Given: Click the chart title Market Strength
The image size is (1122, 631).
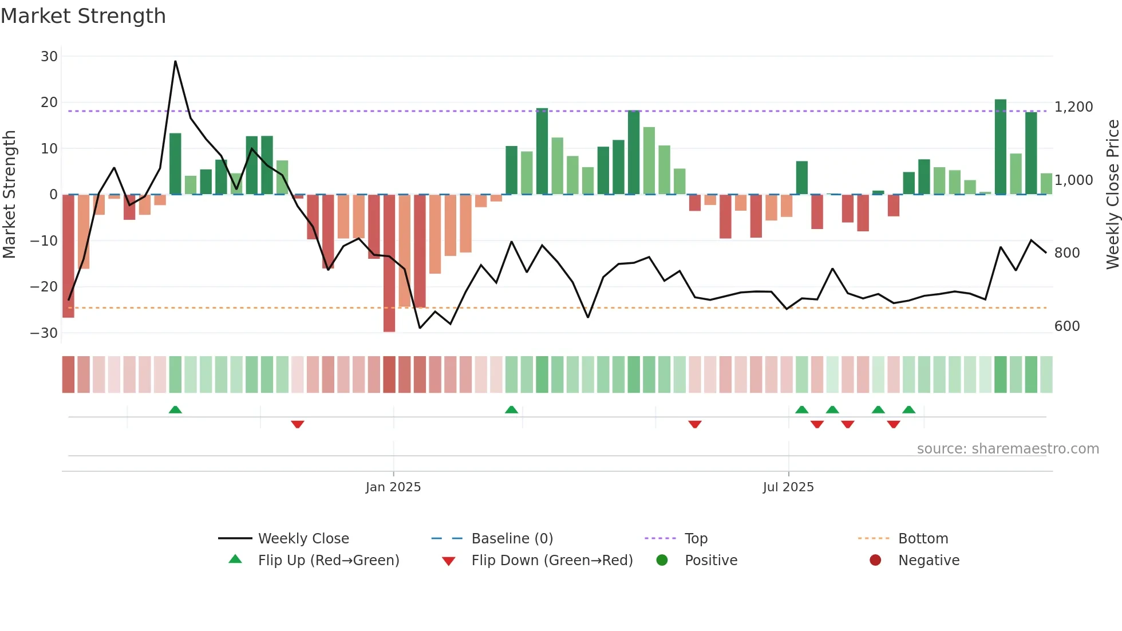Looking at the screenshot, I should (83, 16).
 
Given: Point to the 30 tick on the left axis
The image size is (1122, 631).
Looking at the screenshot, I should (49, 57).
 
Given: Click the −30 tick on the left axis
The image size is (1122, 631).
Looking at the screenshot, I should (44, 333).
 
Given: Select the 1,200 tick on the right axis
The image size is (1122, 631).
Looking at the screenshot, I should (1073, 107).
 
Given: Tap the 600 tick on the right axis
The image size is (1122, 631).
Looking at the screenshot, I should (1067, 326).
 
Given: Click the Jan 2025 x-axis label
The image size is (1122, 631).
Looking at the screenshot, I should (393, 487).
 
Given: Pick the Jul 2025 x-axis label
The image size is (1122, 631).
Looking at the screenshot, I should (788, 487).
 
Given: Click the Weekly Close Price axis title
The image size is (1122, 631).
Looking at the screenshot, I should (1112, 195).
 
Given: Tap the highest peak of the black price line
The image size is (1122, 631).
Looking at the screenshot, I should (175, 62).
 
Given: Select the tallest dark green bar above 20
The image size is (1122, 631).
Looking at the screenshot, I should (1000, 146).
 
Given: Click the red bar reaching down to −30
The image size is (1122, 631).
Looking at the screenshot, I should (389, 263).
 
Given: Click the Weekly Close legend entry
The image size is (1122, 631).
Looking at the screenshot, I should (303, 539).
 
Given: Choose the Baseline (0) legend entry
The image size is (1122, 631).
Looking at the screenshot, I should (512, 539).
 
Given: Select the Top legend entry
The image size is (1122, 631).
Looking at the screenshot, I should (696, 539).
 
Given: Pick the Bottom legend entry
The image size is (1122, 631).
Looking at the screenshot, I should (923, 539).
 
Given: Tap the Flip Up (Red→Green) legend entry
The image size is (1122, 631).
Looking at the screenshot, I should (328, 561).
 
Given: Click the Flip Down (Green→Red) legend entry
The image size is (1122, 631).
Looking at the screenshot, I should (552, 561).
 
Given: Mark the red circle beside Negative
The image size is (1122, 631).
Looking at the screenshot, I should (875, 561).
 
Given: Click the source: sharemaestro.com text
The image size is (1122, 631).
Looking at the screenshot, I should (1008, 449).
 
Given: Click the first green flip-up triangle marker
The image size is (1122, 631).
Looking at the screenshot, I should (175, 410).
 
